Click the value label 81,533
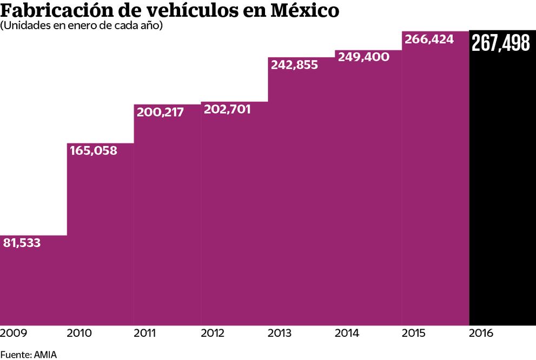click(22, 243)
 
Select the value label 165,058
click(94, 151)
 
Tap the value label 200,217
click(160, 112)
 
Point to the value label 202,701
click(227, 109)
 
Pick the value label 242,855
click(294, 65)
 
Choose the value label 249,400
click(363, 57)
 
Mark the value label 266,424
click(428, 39)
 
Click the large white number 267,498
click(501, 43)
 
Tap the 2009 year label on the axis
click(13, 334)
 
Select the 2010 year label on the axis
click(80, 334)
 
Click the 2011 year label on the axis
click(146, 334)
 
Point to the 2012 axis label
click(214, 334)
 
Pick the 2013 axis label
click(281, 334)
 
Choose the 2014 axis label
click(348, 334)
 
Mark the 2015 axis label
click(414, 334)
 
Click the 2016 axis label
click(481, 334)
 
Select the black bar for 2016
click(502, 189)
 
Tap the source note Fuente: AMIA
click(28, 355)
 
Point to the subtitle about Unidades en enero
click(82, 26)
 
